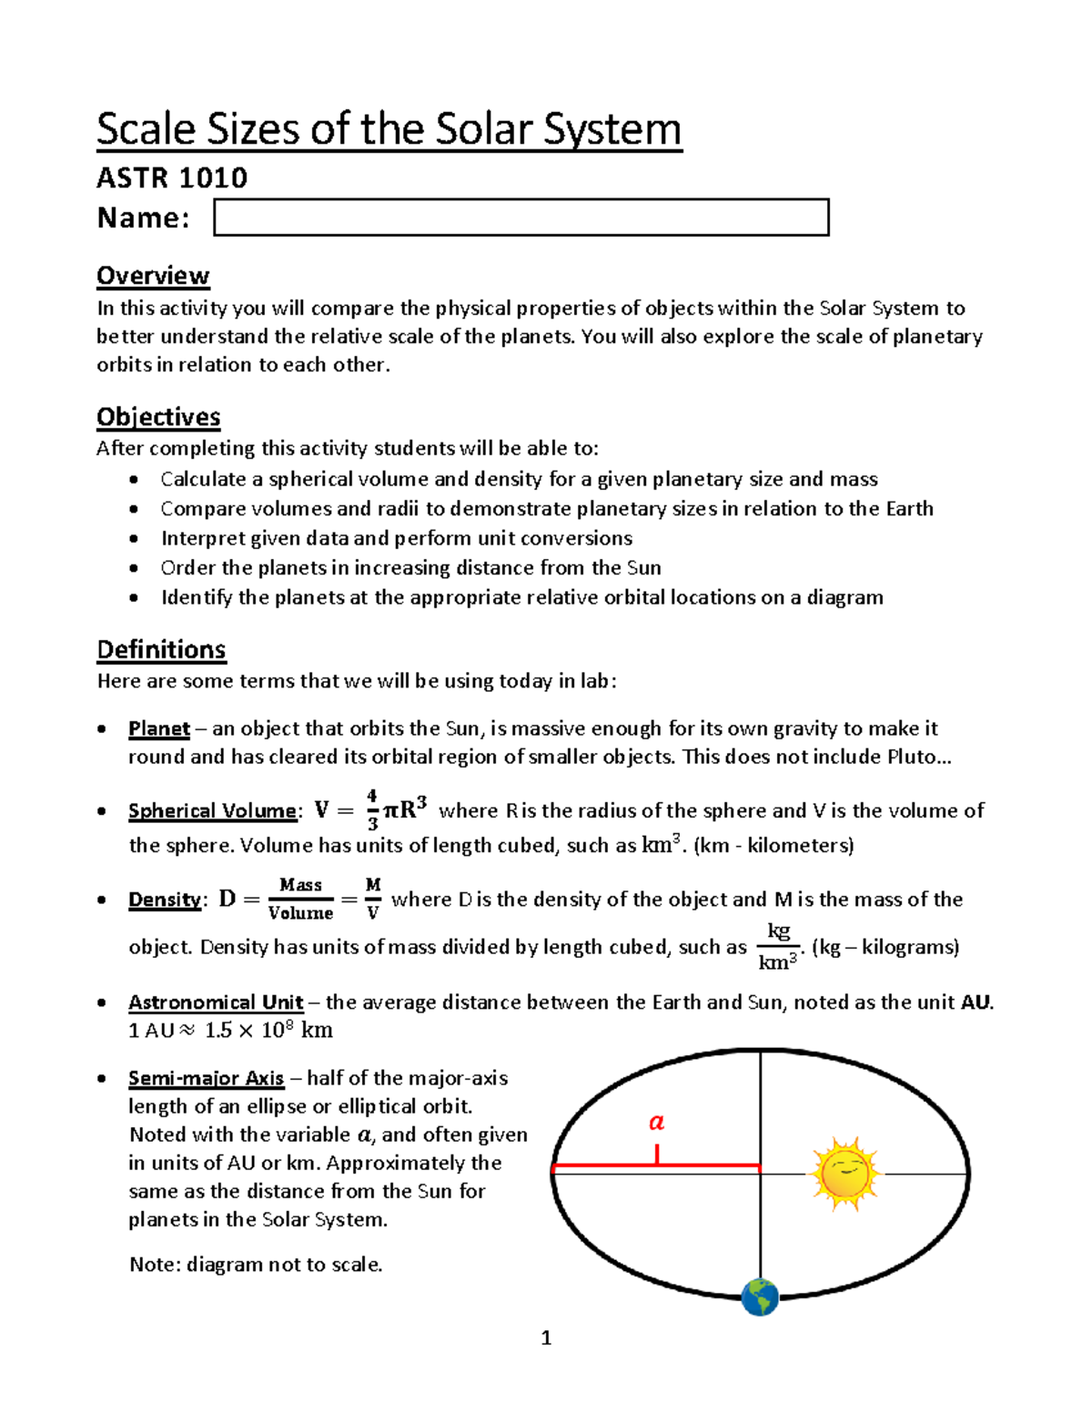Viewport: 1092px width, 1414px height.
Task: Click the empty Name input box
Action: click(x=521, y=218)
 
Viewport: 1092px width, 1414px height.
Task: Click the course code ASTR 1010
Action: click(x=172, y=177)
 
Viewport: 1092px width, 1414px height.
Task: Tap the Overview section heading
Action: click(x=153, y=275)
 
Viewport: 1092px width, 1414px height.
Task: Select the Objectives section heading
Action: click(x=158, y=417)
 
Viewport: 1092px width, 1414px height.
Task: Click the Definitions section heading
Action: click(x=161, y=649)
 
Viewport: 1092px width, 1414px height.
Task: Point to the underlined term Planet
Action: click(x=158, y=728)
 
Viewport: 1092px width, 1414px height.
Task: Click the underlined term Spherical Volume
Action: click(x=212, y=810)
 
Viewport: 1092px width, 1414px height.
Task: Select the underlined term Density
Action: click(x=164, y=900)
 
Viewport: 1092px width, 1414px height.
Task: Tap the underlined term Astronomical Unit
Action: click(x=215, y=1002)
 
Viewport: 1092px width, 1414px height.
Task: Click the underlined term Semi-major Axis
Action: click(x=206, y=1078)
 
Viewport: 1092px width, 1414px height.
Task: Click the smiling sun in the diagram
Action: click(x=845, y=1173)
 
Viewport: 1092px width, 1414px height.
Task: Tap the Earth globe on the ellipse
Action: click(x=760, y=1297)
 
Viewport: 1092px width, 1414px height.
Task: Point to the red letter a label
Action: click(x=656, y=1122)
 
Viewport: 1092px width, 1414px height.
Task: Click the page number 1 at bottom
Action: click(x=546, y=1338)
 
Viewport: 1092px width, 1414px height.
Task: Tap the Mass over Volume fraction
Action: click(x=301, y=899)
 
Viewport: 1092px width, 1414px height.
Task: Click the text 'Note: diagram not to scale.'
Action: click(x=256, y=1264)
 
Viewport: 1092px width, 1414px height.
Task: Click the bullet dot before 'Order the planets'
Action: click(x=135, y=568)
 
